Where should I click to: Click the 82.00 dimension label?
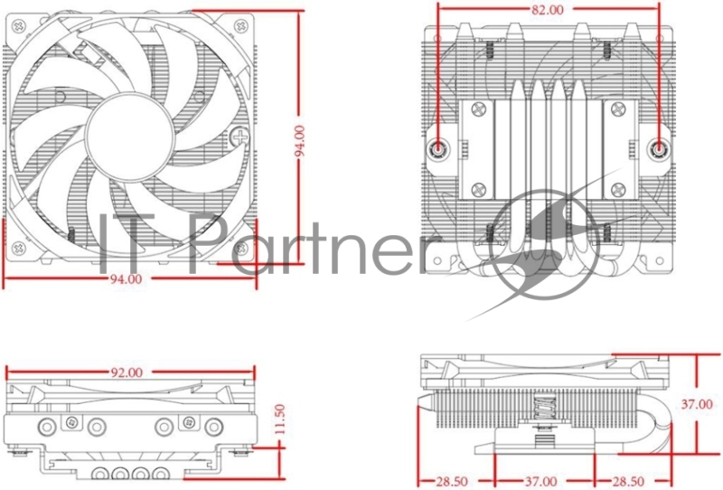pyautogui.click(x=548, y=10)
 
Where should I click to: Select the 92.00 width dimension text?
pyautogui.click(x=127, y=372)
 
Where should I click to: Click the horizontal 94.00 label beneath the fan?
pyautogui.click(x=126, y=279)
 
